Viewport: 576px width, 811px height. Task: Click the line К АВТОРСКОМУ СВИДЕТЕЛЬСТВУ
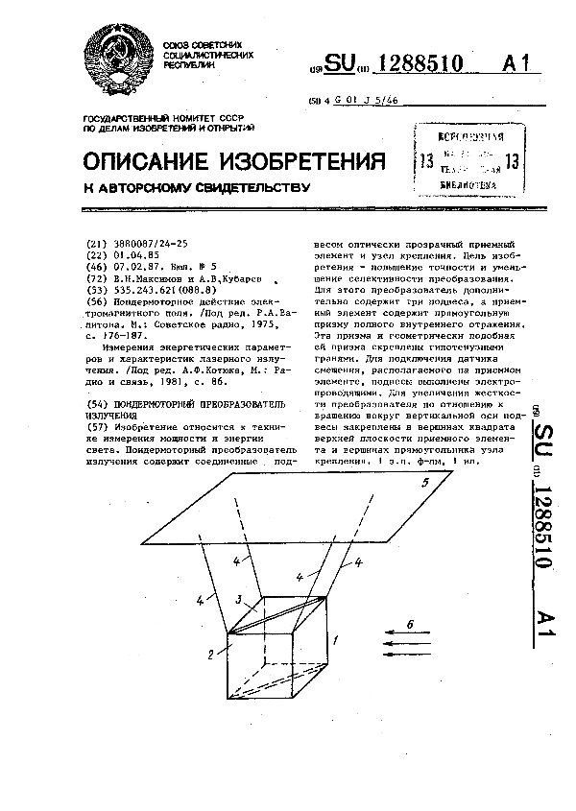point(196,189)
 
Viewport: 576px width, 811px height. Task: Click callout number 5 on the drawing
point(423,484)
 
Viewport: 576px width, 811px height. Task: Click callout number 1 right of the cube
point(335,637)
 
